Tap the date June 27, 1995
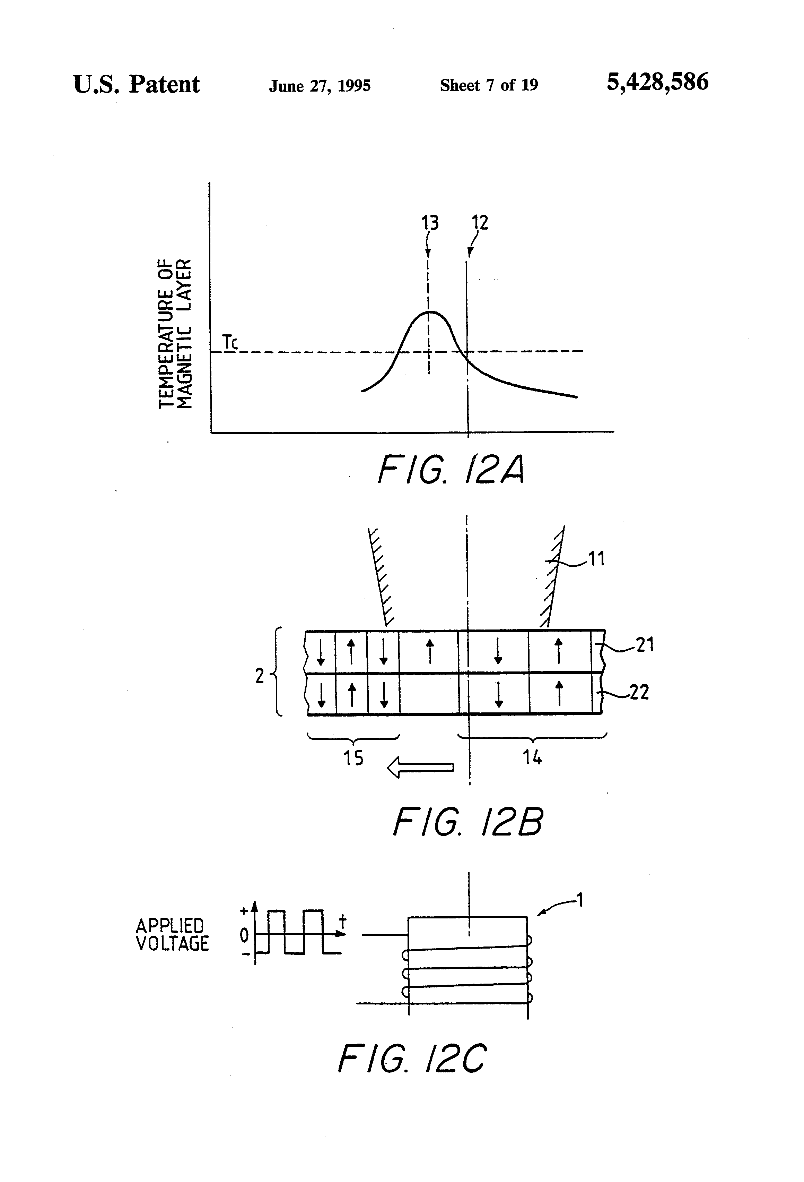(320, 85)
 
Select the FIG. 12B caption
(467, 821)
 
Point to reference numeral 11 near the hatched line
(596, 559)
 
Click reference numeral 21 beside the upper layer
(645, 645)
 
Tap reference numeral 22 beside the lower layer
(639, 692)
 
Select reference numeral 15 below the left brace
(353, 758)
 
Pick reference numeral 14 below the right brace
(532, 758)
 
